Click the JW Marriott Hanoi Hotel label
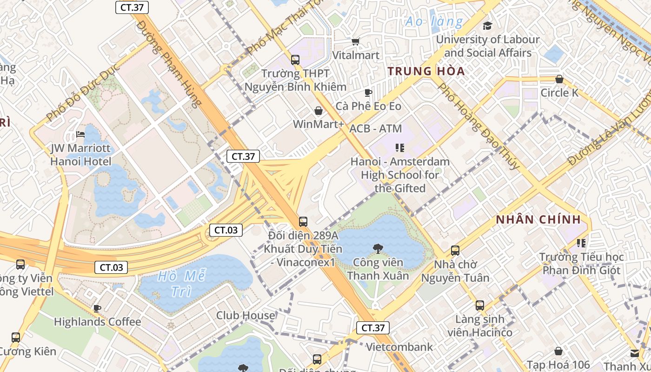tap(81, 155)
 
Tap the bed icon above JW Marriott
tap(80, 135)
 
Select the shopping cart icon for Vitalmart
tap(356, 42)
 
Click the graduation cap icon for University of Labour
tap(487, 26)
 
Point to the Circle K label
tap(559, 93)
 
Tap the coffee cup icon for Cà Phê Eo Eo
tap(368, 93)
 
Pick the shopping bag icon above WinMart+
tap(319, 111)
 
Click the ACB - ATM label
tap(375, 128)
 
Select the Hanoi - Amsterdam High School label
tap(400, 175)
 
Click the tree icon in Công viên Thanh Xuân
tap(378, 249)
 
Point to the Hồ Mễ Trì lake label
tap(181, 283)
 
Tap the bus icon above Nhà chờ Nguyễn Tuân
tap(455, 251)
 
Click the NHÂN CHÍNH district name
tap(538, 219)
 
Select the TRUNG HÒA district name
tap(426, 71)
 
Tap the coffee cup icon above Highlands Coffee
tap(97, 308)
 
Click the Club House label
tap(246, 315)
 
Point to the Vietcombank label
tap(399, 347)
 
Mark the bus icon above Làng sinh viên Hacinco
tap(479, 306)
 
